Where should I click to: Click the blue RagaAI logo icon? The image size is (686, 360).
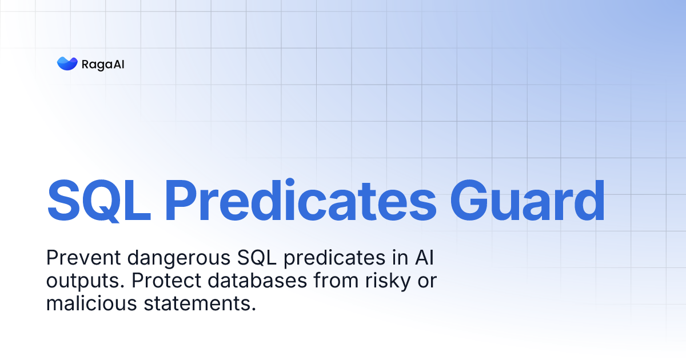(x=67, y=63)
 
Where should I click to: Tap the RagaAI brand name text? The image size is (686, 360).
(x=103, y=64)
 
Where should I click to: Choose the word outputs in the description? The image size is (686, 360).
(x=78, y=282)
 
